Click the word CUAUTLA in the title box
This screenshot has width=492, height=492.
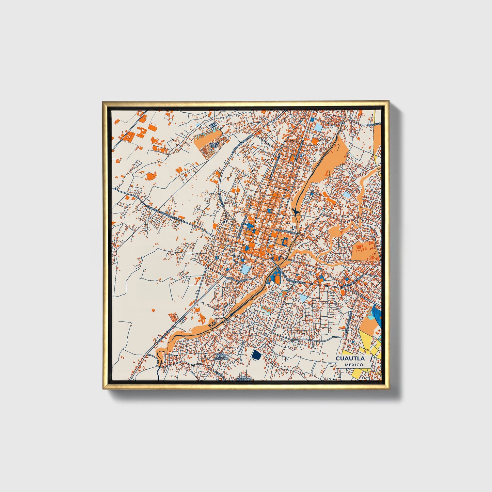(350, 359)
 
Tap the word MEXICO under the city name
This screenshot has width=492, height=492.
(353, 365)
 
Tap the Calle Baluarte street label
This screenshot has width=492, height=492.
(284, 231)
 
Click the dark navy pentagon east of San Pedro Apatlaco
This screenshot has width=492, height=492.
(256, 355)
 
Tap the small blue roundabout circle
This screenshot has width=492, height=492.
(217, 258)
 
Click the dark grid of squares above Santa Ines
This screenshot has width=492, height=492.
(213, 126)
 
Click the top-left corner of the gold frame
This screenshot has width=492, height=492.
(103, 102)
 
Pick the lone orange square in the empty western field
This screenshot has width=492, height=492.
(153, 310)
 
